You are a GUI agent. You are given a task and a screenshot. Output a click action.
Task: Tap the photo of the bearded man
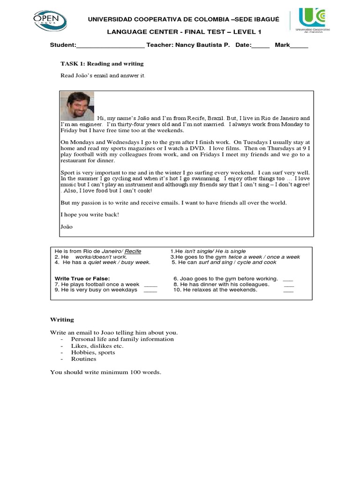[77, 106]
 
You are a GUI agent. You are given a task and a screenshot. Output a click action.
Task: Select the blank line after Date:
[261, 46]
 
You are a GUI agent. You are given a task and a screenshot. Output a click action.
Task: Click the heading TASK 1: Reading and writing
[102, 63]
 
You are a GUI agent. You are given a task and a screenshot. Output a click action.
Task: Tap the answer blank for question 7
[150, 285]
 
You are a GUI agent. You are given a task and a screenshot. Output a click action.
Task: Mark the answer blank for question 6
[289, 278]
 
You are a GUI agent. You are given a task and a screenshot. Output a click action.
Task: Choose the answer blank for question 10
[289, 290]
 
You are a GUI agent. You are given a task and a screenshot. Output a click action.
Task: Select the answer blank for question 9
[150, 290]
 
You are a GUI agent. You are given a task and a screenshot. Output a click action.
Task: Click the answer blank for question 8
[289, 285]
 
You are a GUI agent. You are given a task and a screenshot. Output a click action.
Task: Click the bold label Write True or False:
[82, 278]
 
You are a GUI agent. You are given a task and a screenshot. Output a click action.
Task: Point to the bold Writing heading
[62, 319]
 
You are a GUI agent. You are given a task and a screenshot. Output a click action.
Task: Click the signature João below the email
[67, 226]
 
